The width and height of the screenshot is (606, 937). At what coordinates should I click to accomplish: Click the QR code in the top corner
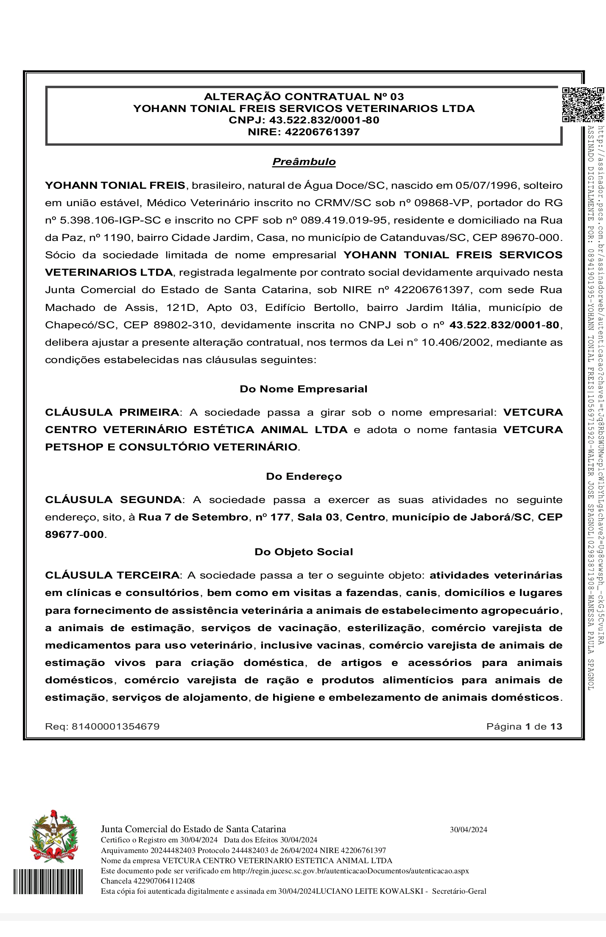(x=583, y=105)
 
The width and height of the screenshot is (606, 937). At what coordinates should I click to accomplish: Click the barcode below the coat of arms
(x=48, y=881)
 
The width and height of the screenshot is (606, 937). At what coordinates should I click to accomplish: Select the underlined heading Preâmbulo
(x=304, y=162)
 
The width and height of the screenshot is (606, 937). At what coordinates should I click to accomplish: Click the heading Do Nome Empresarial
(x=303, y=389)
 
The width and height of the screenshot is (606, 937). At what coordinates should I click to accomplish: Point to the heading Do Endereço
(x=304, y=476)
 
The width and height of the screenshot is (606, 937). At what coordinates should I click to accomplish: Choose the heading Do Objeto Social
(x=304, y=552)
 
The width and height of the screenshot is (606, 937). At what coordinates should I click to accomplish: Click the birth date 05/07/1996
(x=486, y=185)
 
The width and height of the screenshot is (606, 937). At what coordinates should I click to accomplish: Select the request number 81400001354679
(x=115, y=727)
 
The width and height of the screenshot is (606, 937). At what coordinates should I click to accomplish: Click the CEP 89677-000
(x=74, y=534)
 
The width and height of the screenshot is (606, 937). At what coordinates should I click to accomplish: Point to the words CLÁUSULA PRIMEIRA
(x=112, y=412)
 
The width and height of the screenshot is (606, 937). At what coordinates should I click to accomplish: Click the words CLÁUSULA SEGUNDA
(x=113, y=500)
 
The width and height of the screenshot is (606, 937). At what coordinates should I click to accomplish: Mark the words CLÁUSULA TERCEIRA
(x=112, y=575)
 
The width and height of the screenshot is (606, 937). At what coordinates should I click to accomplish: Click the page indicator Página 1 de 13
(x=524, y=727)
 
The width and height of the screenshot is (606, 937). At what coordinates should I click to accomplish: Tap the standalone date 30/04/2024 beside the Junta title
(x=468, y=830)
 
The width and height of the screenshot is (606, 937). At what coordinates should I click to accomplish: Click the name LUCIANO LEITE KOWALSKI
(x=371, y=891)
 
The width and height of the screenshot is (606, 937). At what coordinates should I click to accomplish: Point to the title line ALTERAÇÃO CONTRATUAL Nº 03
(x=304, y=97)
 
